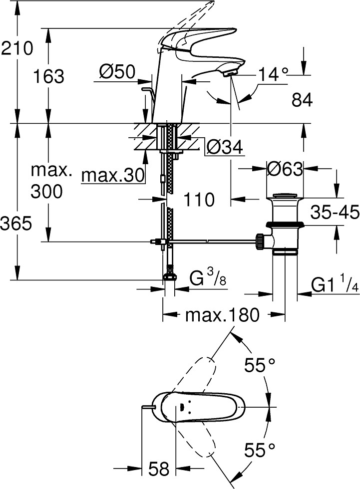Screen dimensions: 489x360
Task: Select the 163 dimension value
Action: point(48,77)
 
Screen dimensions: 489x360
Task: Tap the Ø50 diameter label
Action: point(117,73)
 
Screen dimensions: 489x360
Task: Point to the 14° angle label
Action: point(274,74)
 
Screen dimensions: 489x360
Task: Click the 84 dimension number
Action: point(302,100)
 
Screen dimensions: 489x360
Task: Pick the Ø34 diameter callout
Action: point(224,147)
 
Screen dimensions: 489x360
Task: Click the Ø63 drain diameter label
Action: point(285,169)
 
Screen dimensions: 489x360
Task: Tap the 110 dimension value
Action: point(198,200)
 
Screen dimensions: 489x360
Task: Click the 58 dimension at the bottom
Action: point(159,469)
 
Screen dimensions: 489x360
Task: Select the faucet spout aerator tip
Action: point(231,74)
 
